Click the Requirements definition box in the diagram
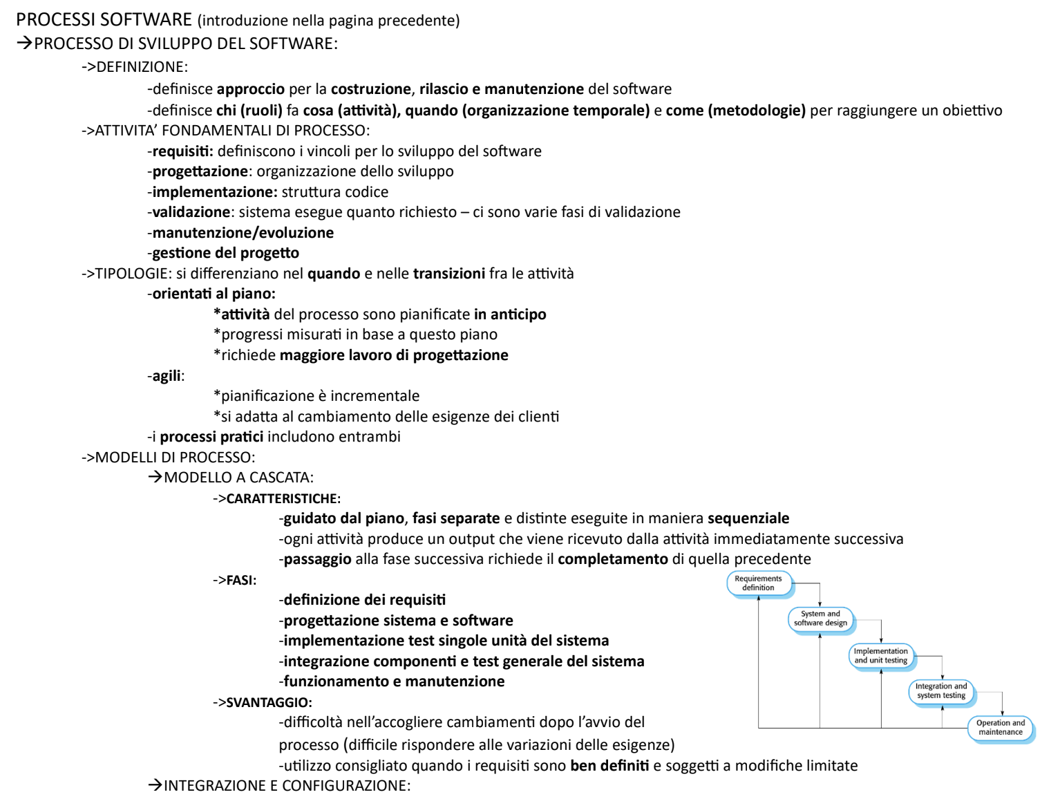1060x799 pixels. click(758, 583)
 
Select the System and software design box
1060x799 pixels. click(820, 619)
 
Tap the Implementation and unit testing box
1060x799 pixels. click(881, 656)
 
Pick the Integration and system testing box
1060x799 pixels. click(941, 691)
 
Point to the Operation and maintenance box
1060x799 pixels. click(1001, 728)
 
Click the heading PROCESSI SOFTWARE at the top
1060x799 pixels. click(104, 20)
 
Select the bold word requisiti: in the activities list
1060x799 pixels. click(183, 151)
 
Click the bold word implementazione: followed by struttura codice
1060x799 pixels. click(215, 192)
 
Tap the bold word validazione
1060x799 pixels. click(191, 212)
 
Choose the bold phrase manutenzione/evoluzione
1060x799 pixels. click(243, 233)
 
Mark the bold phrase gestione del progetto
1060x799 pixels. click(226, 253)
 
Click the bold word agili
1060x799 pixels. click(167, 376)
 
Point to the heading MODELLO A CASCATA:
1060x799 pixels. click(238, 478)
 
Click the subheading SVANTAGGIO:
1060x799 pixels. click(269, 703)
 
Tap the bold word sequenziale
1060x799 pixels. click(748, 518)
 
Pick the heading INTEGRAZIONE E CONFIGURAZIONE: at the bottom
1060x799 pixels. click(287, 786)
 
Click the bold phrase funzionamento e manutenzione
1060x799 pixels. click(394, 681)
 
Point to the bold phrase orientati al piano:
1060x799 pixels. click(214, 294)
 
